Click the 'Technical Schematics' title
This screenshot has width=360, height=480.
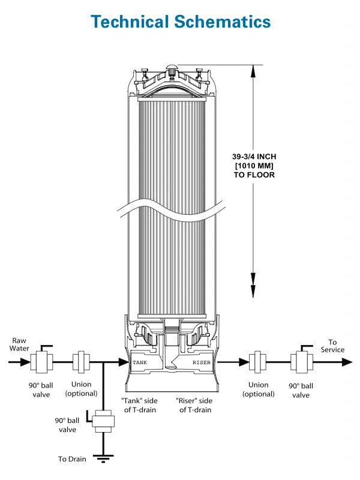click(x=180, y=21)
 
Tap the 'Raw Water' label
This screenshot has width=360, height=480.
click(x=19, y=344)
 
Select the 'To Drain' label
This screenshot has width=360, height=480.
click(x=72, y=459)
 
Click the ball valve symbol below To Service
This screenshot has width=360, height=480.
click(x=301, y=362)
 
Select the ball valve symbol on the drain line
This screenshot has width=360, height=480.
click(x=103, y=420)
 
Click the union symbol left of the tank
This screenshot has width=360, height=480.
click(x=81, y=362)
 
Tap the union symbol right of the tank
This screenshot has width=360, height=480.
click(x=259, y=362)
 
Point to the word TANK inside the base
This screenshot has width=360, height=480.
click(x=140, y=362)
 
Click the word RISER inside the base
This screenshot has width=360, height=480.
click(x=202, y=362)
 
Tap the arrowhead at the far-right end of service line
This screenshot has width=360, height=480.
click(x=347, y=362)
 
